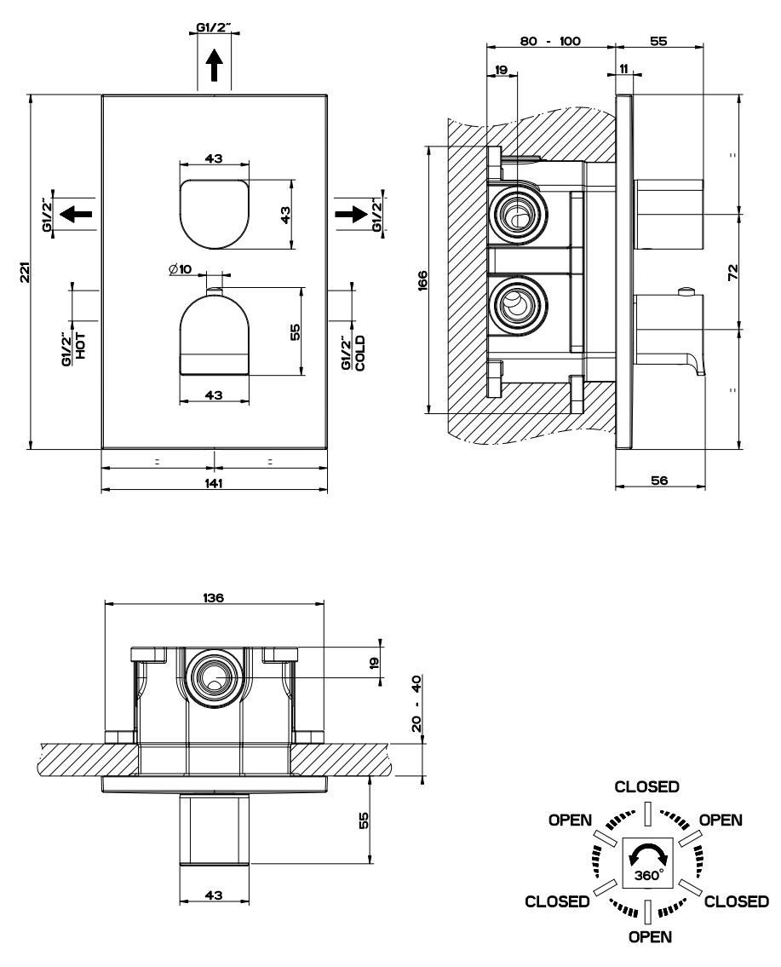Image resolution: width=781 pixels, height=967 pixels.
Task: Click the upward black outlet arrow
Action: click(x=213, y=65)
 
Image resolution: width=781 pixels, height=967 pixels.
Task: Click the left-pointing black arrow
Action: click(x=76, y=214)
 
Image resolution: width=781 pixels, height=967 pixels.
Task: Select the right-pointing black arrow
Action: click(x=352, y=214)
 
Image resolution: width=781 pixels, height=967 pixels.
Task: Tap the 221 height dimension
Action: click(x=26, y=272)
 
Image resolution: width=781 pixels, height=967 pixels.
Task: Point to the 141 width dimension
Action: click(x=213, y=483)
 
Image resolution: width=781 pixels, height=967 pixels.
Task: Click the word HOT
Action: click(x=80, y=346)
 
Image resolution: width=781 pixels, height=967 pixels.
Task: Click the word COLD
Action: click(x=360, y=352)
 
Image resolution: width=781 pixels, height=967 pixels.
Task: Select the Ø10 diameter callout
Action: click(x=180, y=268)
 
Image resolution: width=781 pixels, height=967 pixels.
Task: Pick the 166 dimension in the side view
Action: click(x=422, y=280)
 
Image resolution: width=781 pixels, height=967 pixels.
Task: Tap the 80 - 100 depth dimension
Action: click(x=550, y=41)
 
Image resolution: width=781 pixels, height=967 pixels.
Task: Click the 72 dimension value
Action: click(x=732, y=271)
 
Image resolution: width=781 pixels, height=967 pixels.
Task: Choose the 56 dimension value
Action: click(x=659, y=480)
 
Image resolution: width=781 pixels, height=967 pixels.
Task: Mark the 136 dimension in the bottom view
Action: click(x=213, y=597)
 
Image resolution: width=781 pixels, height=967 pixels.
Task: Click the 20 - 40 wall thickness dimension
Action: click(x=416, y=703)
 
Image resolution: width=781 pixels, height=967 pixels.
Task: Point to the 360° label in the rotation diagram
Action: click(x=648, y=874)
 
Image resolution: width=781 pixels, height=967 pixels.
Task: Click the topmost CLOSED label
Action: click(x=646, y=786)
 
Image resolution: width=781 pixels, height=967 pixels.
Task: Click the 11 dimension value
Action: click(x=623, y=68)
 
